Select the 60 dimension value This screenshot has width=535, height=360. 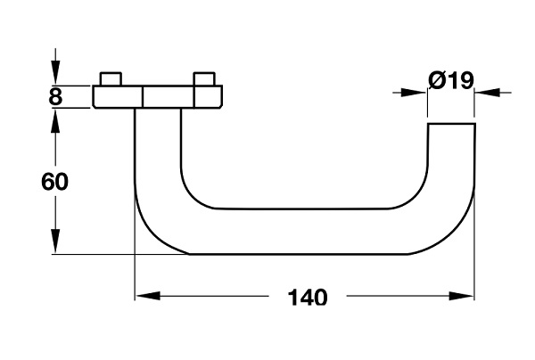click(x=55, y=182)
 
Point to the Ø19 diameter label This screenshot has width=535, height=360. click(x=450, y=81)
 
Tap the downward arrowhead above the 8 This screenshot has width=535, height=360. click(x=55, y=75)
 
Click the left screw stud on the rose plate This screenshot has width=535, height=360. click(x=111, y=78)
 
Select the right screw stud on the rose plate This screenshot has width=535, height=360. click(x=204, y=78)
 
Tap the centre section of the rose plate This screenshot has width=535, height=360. click(x=158, y=96)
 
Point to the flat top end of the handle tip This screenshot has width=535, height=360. click(x=451, y=124)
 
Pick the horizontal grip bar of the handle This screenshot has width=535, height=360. click(x=303, y=232)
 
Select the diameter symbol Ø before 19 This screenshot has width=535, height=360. click(x=437, y=81)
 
